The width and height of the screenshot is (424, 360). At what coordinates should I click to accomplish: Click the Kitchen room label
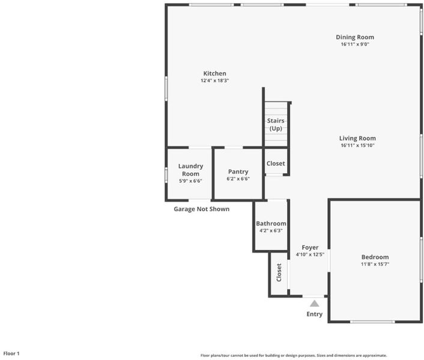click(x=215, y=73)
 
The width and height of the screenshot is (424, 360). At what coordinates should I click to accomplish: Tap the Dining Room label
click(x=355, y=37)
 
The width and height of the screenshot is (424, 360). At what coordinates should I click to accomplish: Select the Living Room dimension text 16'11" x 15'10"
click(x=357, y=145)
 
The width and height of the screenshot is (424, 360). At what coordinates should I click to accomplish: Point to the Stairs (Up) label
click(x=276, y=125)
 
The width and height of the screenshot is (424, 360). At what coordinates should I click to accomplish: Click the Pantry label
click(x=238, y=172)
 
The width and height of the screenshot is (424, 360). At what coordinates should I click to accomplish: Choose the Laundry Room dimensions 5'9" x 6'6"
click(x=190, y=181)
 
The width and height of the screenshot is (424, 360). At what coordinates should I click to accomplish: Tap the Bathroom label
click(x=271, y=224)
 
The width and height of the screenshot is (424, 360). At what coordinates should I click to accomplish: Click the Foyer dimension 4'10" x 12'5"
click(x=310, y=254)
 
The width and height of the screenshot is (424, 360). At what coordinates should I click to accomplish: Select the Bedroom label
click(x=375, y=257)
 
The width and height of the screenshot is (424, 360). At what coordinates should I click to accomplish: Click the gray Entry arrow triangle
click(x=314, y=304)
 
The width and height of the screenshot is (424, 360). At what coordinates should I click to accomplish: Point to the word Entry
click(x=314, y=314)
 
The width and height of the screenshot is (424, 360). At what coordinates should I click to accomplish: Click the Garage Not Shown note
click(x=201, y=209)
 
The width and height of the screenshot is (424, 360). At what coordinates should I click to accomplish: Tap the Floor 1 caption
click(x=11, y=353)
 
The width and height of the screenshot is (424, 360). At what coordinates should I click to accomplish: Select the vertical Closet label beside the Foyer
click(x=279, y=272)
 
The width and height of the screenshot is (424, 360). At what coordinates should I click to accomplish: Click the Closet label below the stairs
click(x=276, y=163)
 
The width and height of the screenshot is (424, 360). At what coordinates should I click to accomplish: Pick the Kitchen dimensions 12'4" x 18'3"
click(x=215, y=80)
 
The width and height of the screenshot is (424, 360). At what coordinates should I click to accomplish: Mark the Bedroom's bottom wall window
click(x=372, y=322)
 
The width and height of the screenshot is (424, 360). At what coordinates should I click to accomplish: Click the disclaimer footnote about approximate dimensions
click(x=294, y=355)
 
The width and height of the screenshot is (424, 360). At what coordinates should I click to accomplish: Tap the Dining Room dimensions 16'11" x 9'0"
click(x=355, y=44)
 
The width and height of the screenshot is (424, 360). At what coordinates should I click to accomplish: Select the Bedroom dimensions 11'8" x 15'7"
click(x=375, y=264)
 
